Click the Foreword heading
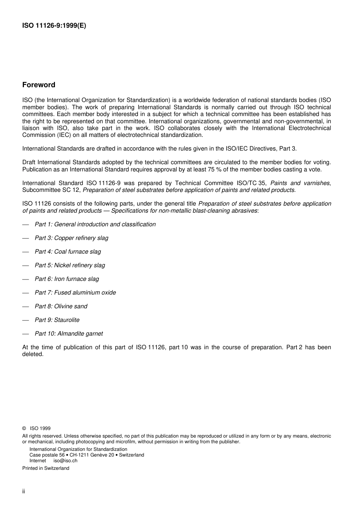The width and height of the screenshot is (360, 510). click(39, 85)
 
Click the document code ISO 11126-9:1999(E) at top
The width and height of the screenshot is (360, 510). click(54, 26)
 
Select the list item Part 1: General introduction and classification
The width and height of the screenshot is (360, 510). click(95, 224)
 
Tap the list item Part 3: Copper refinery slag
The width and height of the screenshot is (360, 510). click(71, 238)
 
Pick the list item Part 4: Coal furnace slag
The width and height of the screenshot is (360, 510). click(68, 252)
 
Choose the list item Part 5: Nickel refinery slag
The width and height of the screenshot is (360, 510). click(70, 265)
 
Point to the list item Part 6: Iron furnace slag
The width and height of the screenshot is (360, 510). click(67, 279)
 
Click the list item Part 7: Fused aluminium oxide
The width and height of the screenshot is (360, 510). click(75, 293)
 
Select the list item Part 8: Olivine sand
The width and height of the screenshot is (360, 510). click(61, 306)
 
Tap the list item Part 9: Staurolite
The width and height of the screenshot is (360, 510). click(57, 320)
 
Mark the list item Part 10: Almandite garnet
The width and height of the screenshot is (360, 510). click(69, 334)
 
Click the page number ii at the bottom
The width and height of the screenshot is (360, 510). click(23, 491)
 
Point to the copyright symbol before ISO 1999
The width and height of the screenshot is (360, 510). click(24, 428)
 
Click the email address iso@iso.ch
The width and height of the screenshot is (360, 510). click(65, 461)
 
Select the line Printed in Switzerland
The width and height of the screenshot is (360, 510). click(46, 468)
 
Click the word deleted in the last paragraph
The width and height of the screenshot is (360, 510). click(33, 354)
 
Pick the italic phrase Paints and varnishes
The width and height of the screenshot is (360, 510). click(300, 183)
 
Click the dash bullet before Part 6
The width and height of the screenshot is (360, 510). click(25, 279)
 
